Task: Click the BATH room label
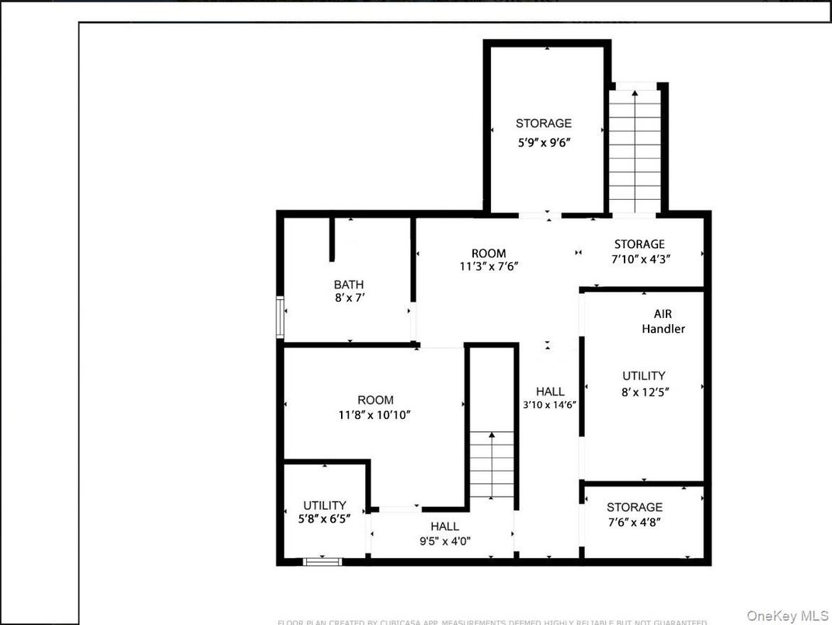(x=349, y=285)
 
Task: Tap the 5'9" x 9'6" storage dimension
(x=544, y=142)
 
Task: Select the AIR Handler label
(x=663, y=321)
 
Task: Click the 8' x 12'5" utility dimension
(x=644, y=393)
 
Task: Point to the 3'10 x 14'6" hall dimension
(x=550, y=404)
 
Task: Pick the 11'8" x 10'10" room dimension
(x=374, y=415)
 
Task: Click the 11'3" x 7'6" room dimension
(x=489, y=265)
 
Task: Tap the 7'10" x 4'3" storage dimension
(x=641, y=257)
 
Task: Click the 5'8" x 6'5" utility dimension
(x=325, y=518)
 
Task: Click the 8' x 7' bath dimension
(x=349, y=297)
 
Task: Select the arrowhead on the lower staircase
(x=492, y=439)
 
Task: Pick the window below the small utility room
(x=322, y=560)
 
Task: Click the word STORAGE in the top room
(x=544, y=123)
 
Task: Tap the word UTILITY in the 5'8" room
(x=325, y=505)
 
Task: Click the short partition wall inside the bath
(x=332, y=239)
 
